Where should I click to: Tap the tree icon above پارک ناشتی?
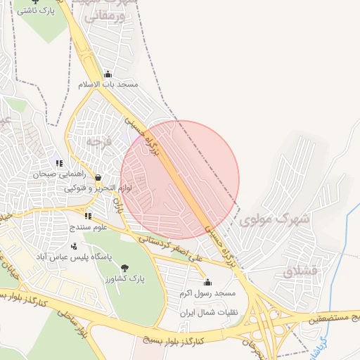(37, 2)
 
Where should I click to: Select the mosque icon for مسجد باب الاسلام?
(108, 74)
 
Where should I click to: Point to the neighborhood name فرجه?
(99, 141)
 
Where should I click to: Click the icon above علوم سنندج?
(88, 217)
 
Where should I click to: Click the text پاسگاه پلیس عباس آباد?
(75, 256)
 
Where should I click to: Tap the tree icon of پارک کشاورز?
(125, 267)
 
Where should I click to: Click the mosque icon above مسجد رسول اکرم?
(207, 282)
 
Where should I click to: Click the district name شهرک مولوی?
(274, 219)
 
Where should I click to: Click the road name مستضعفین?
(331, 319)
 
